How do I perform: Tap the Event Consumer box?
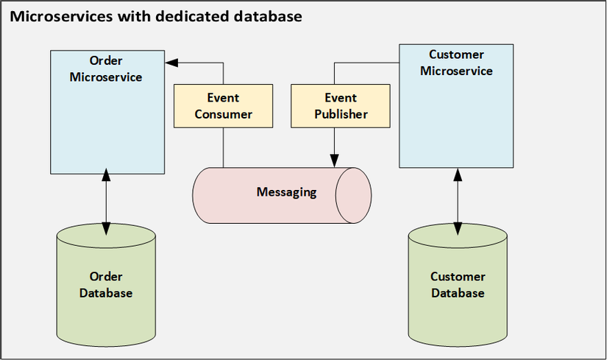coord(223,106)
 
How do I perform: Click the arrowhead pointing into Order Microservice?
coord(168,63)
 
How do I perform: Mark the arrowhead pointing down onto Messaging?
coord(336,160)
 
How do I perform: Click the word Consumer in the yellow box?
coord(223,114)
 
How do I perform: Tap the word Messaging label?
coord(286,193)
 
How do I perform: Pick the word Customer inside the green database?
coord(458,277)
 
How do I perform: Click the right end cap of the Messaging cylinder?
coord(353,194)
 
